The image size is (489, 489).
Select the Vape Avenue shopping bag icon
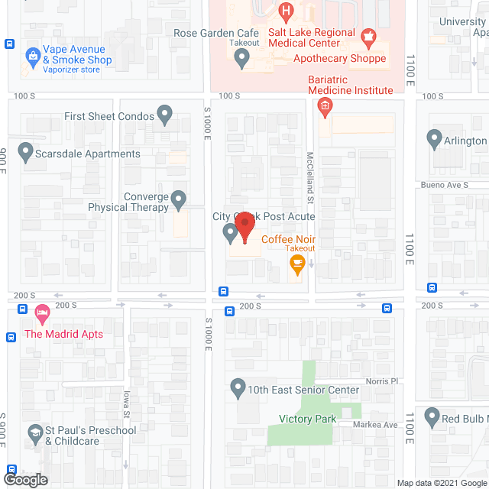[x=33, y=55]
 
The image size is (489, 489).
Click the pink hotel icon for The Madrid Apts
[x=42, y=313]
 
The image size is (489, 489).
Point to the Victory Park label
[x=308, y=419]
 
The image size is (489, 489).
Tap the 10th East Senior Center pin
[x=238, y=388]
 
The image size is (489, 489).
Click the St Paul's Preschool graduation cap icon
[x=34, y=433]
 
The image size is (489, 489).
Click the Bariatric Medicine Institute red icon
[x=325, y=105]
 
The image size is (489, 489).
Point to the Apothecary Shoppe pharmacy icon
[x=369, y=36]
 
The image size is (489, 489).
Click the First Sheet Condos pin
[x=165, y=115]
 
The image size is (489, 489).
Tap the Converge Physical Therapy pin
[x=179, y=200]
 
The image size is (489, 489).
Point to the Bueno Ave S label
[x=443, y=185]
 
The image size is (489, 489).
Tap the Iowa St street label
[x=128, y=404]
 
